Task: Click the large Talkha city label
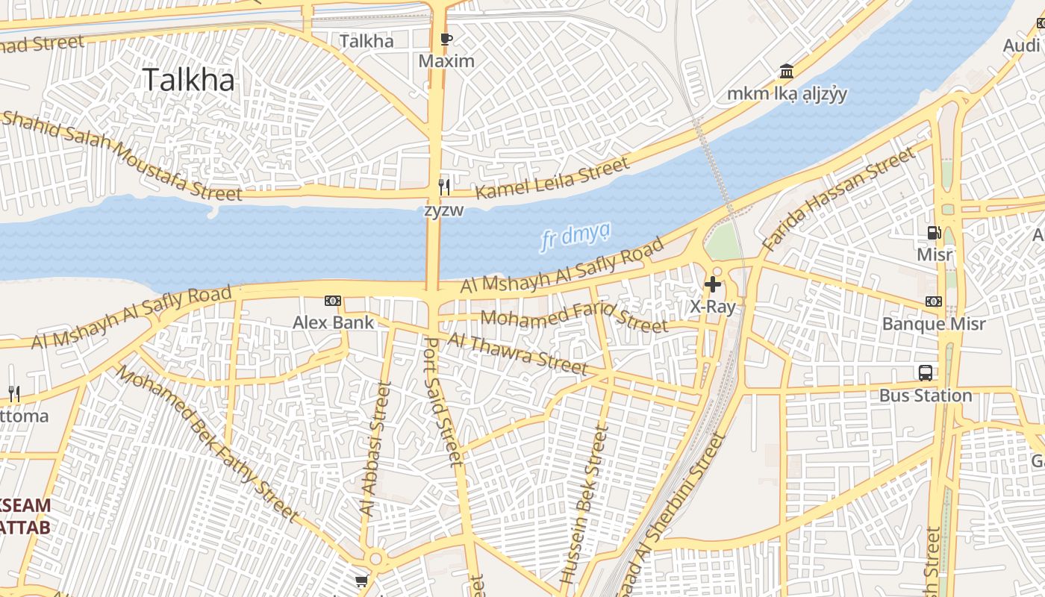[x=188, y=80]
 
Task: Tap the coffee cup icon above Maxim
[x=446, y=40]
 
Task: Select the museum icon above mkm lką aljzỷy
[x=786, y=72]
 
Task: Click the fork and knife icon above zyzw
[x=444, y=186]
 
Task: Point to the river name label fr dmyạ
[x=574, y=237]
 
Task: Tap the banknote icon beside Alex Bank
[x=333, y=301]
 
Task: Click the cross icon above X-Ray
[x=713, y=284]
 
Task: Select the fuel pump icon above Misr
[x=934, y=233]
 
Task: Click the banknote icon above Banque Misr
[x=934, y=301]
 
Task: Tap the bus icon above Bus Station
[x=926, y=372]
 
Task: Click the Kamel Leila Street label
[x=552, y=179]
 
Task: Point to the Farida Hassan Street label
[x=837, y=199]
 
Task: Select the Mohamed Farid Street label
[x=574, y=319]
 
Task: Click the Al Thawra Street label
[x=517, y=352]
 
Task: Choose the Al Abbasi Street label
[x=375, y=448]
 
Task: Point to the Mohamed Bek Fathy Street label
[x=206, y=443]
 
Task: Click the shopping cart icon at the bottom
[x=361, y=581]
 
